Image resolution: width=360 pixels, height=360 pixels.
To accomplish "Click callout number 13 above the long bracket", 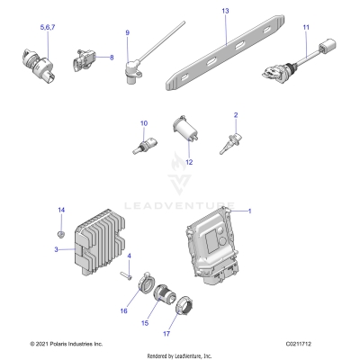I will pos(225,10).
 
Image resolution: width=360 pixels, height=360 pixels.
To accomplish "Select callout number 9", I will pos(127,33).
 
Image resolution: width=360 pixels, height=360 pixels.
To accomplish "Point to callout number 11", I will pos(306,28).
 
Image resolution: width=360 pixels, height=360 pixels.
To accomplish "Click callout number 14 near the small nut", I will pos(61,210).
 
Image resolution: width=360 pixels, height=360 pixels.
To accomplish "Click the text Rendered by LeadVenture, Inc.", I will pos(180,355).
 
